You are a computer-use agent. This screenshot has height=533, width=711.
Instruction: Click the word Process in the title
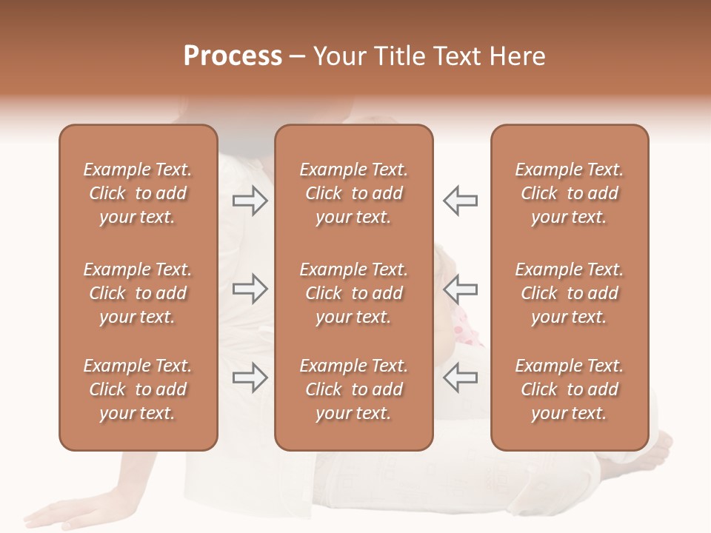[233, 56]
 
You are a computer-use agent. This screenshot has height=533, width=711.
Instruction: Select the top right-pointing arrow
[250, 201]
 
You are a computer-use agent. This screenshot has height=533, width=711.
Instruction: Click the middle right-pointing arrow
[250, 289]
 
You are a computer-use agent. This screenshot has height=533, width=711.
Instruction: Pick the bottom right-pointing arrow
[250, 378]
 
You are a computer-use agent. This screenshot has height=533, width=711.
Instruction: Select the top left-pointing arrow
[460, 201]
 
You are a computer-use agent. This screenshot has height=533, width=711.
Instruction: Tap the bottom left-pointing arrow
[460, 378]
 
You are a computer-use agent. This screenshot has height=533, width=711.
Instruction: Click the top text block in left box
[138, 193]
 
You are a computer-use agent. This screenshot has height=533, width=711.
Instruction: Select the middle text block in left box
[138, 293]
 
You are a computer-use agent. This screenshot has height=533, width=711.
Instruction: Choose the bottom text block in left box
[138, 389]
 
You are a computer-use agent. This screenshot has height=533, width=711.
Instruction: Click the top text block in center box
[353, 193]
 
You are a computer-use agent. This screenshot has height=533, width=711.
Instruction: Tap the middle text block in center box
[353, 293]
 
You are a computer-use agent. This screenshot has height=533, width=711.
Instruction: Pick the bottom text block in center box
[353, 389]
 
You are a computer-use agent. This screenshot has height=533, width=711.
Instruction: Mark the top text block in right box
[569, 193]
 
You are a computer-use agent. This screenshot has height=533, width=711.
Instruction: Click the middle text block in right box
[569, 293]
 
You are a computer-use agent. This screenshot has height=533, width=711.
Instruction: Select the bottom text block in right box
[569, 389]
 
